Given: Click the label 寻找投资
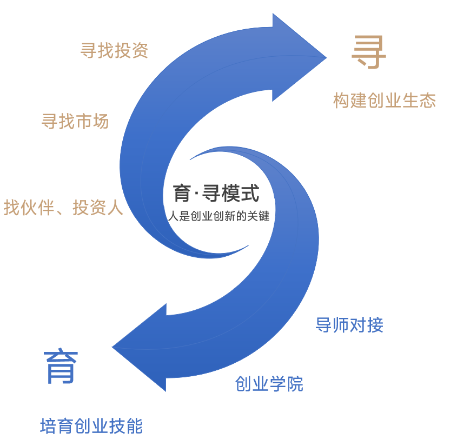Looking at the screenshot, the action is [x=114, y=50].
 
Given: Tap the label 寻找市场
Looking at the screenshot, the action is [x=75, y=121].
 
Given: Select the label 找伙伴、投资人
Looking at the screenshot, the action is [x=63, y=208].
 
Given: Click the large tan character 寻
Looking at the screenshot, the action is [x=369, y=52].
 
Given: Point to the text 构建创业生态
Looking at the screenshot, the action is [x=385, y=100].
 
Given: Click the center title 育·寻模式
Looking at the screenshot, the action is [x=216, y=193].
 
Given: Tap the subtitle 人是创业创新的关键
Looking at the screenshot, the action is [x=218, y=216].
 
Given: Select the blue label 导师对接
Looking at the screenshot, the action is [x=349, y=325].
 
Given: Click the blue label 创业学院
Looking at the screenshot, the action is [x=269, y=384].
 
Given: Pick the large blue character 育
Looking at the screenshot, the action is [x=61, y=366].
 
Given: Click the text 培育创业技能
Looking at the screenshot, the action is [x=91, y=426].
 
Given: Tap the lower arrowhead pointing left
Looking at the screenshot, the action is [x=140, y=347].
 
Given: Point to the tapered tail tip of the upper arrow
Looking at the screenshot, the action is [x=248, y=245].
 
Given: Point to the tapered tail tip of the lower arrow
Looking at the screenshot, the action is [x=190, y=159].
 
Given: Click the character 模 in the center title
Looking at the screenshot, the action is [x=231, y=193].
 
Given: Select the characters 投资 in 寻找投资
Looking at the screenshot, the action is [x=131, y=50].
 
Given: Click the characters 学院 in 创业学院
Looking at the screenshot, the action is [x=287, y=384].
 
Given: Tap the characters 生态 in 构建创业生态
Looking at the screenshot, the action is [x=419, y=100].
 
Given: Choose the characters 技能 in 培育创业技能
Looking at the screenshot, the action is [x=126, y=426].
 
